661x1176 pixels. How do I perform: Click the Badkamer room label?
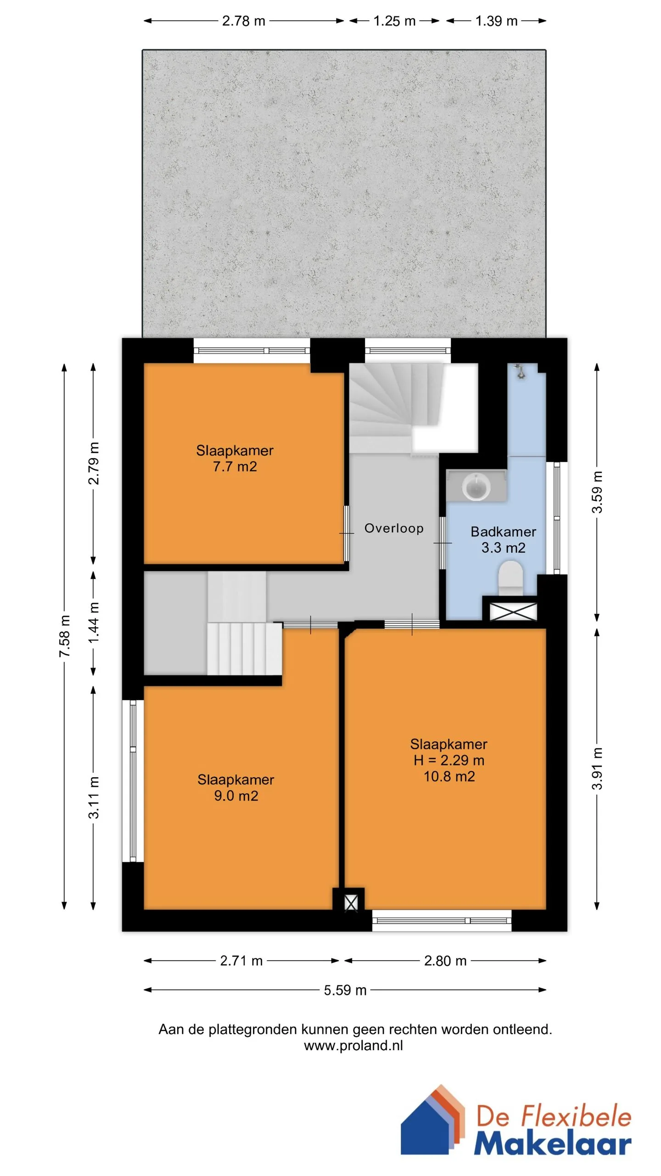(x=503, y=531)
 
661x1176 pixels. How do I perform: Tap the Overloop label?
(x=394, y=528)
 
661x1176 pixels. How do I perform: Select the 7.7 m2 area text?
(x=235, y=467)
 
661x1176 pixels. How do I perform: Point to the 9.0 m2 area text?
(x=236, y=796)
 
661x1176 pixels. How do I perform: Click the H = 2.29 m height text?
(x=449, y=760)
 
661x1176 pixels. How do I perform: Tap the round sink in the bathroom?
(x=476, y=486)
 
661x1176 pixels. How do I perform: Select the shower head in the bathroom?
(x=520, y=371)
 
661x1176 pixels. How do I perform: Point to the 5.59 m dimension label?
(x=345, y=990)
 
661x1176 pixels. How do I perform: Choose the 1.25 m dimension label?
(x=394, y=21)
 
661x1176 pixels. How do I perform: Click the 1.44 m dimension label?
(x=93, y=623)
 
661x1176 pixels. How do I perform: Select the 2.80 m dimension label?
(x=445, y=961)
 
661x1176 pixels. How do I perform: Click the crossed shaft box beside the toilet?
(x=513, y=612)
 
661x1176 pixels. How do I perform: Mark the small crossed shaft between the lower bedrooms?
(x=351, y=903)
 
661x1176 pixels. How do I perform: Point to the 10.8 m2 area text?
(x=449, y=776)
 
